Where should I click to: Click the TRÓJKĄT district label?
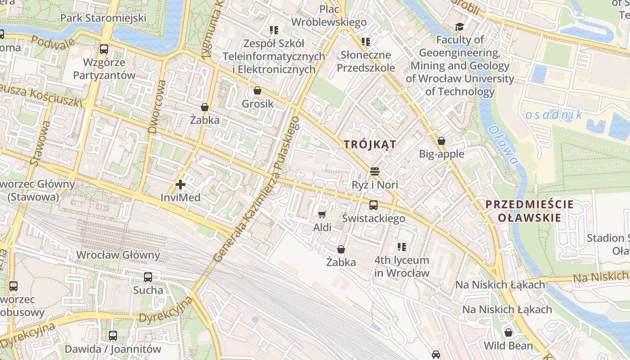pos(370,144)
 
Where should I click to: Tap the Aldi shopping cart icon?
pos(322,214)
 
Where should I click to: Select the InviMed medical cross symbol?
pos(180,184)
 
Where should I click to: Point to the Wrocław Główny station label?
pos(118,255)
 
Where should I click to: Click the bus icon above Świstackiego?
pos(373,205)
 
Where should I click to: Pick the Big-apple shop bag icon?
pos(441,141)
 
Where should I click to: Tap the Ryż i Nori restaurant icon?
pos(375,171)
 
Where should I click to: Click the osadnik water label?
pos(553,115)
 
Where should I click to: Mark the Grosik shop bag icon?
pos(257,90)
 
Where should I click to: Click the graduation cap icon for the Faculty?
pos(459,27)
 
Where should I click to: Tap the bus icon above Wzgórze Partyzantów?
pos(104,49)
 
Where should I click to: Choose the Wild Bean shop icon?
pos(508,333)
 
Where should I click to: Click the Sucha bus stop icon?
pos(148,277)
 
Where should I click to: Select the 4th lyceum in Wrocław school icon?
pos(402,247)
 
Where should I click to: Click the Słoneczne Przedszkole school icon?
pos(366,42)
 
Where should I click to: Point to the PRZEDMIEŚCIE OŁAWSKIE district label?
pos(530,211)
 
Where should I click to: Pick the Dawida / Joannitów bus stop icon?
pos(113,336)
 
